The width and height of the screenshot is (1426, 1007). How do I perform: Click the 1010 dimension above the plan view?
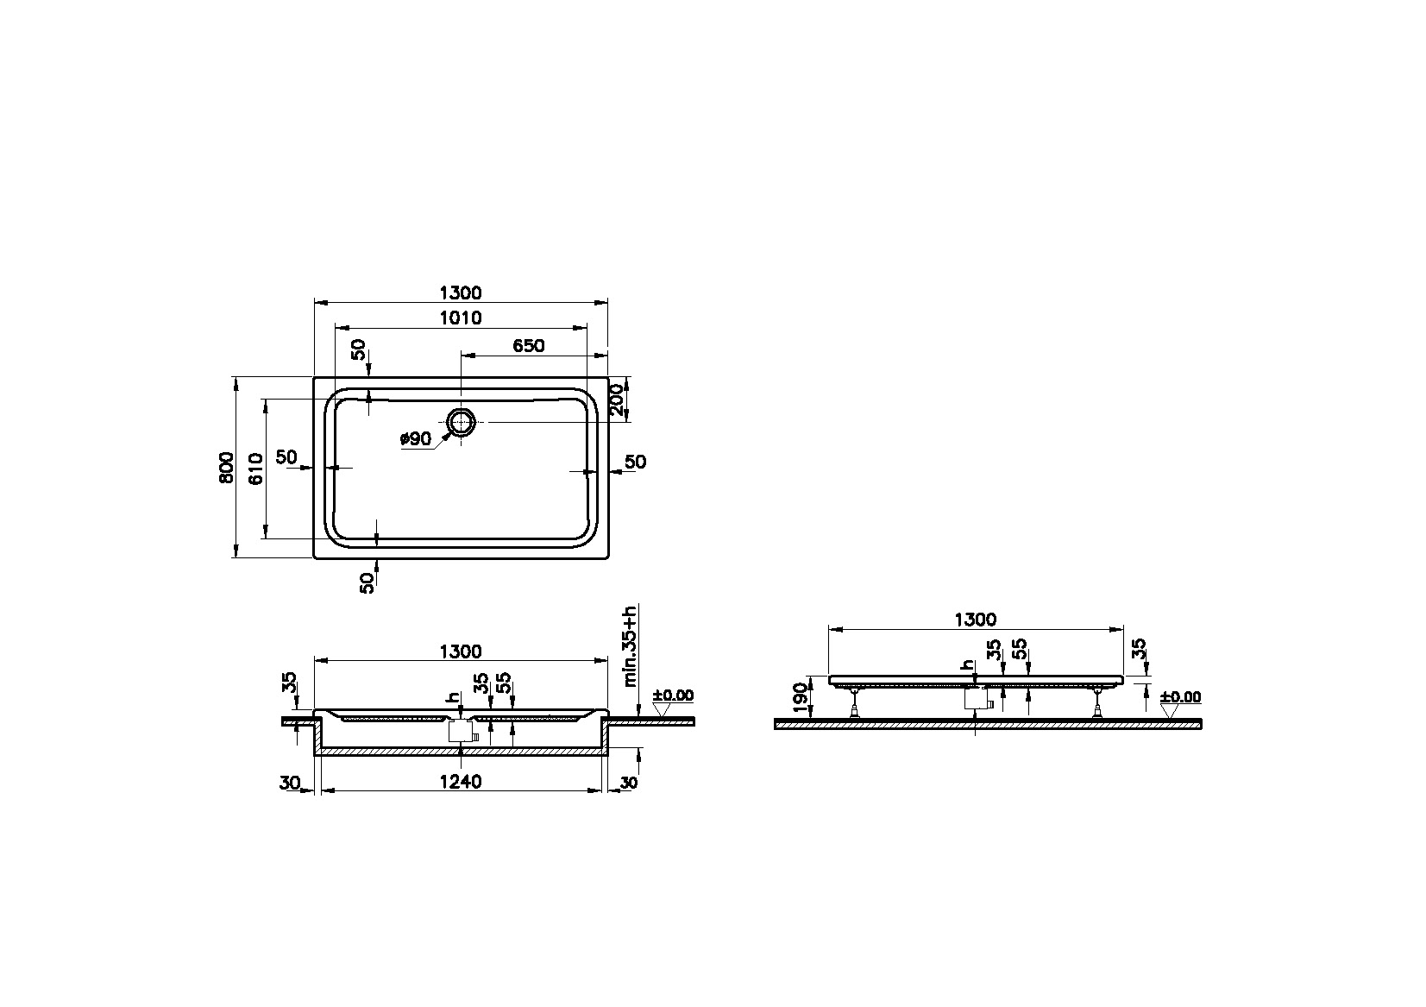point(461,318)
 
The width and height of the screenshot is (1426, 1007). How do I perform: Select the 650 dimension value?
point(528,346)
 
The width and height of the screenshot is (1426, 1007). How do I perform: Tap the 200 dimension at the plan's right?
point(617,400)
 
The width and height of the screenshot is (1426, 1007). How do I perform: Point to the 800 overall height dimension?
point(226,467)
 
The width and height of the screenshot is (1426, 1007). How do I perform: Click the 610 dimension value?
point(255,467)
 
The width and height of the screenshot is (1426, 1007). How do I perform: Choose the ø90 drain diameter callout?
point(416,439)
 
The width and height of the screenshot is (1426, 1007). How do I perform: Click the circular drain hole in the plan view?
point(462,423)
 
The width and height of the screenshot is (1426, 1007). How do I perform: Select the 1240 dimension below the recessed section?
point(461,782)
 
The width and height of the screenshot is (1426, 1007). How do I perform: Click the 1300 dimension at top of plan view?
point(461,293)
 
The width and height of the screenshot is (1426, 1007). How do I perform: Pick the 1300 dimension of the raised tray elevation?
point(975,620)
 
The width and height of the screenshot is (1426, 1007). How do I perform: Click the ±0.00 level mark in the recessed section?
point(673,695)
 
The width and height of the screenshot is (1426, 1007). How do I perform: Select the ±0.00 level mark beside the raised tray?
point(1180,697)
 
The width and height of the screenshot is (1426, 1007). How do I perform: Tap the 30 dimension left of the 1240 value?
point(290,783)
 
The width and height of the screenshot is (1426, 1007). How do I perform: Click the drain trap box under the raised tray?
point(976,698)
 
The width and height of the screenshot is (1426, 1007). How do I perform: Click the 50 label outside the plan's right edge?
point(635,463)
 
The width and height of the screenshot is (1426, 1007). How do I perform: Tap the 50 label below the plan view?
point(367,582)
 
